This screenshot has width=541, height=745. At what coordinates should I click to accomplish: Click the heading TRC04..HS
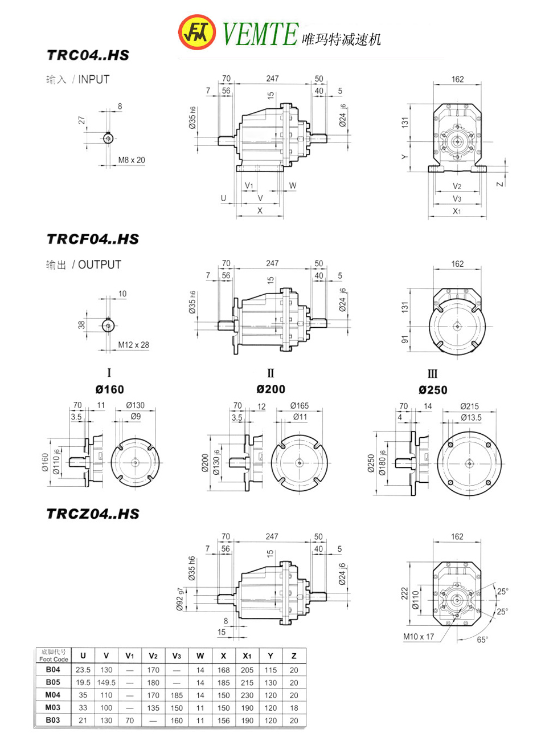[88, 55]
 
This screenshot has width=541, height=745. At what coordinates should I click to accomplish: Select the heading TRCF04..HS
[92, 239]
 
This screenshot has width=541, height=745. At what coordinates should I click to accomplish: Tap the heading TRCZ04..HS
[92, 514]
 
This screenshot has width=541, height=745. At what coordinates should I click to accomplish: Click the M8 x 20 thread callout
[132, 160]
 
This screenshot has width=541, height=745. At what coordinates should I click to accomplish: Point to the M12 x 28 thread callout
[133, 345]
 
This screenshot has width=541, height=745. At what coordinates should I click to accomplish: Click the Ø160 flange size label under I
[109, 390]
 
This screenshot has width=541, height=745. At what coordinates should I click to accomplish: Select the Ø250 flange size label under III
[433, 390]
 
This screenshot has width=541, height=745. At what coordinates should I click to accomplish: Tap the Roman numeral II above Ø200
[270, 373]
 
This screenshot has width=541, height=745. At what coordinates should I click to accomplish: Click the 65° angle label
[482, 640]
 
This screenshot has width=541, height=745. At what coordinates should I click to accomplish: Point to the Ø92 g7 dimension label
[180, 600]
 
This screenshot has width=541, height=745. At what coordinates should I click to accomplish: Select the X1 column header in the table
[247, 656]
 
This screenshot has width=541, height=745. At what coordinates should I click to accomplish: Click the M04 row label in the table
[53, 695]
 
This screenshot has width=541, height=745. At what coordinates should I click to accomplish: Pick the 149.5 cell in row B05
[106, 682]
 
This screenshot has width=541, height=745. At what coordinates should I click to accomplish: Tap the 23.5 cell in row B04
[83, 670]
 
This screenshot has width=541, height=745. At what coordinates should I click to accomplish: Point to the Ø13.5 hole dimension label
[471, 417]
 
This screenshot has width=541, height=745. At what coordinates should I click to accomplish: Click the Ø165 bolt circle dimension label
[300, 406]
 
